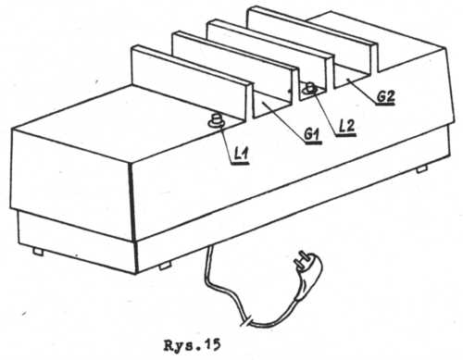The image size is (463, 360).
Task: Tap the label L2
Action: coord(347,126)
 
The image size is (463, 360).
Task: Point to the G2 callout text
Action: coord(386,96)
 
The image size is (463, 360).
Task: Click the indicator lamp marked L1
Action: coord(216,120)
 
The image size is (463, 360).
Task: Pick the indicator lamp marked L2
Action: coord(310,89)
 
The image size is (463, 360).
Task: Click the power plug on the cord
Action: coord(308,275)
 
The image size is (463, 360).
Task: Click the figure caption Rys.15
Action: coord(192,345)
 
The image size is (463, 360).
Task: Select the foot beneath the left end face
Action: coord(38,252)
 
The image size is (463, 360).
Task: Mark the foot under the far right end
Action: coord(421,168)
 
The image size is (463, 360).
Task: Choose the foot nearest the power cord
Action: coord(165,266)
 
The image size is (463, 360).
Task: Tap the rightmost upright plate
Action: coord(312,43)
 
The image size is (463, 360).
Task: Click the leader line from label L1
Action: coord(228,140)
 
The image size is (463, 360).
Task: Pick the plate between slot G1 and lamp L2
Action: coord(235,66)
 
